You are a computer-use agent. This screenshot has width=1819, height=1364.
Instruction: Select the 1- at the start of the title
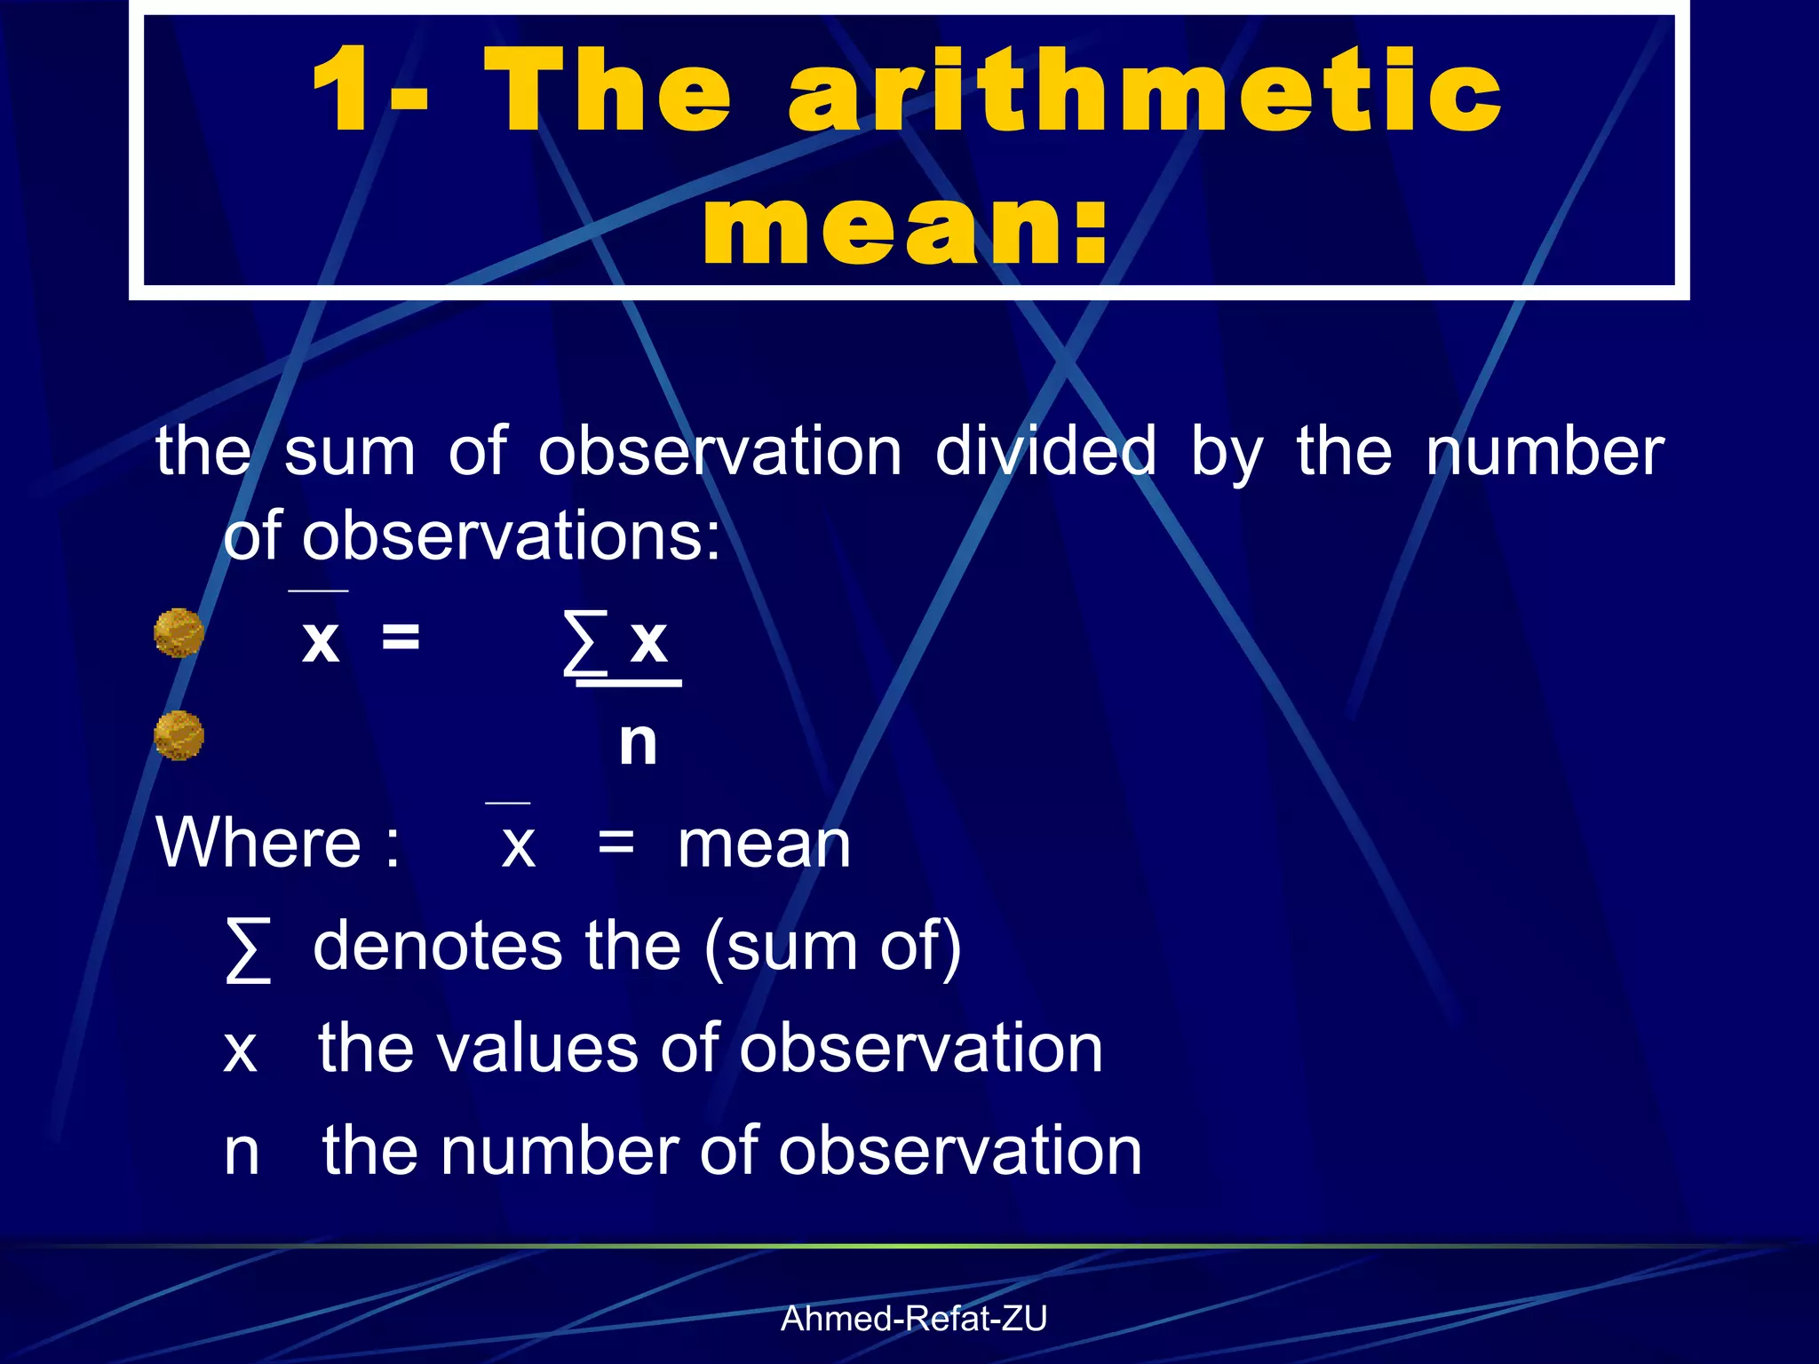coord(369,91)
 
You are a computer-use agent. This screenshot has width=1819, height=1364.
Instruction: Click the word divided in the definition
coord(1045,451)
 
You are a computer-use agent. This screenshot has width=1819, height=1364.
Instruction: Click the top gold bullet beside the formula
coord(179,633)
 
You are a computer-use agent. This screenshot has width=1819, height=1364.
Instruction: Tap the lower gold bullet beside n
coord(179,735)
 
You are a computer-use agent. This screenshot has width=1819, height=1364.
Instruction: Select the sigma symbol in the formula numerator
coord(586,642)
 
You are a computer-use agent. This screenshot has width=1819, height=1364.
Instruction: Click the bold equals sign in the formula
coord(401,636)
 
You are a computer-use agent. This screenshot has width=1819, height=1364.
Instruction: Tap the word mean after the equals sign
coord(764,844)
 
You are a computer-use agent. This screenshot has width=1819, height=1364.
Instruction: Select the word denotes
coord(437,946)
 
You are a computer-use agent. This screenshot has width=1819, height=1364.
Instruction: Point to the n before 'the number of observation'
coord(242,1152)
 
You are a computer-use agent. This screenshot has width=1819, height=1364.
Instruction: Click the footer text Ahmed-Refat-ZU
coord(913,1319)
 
